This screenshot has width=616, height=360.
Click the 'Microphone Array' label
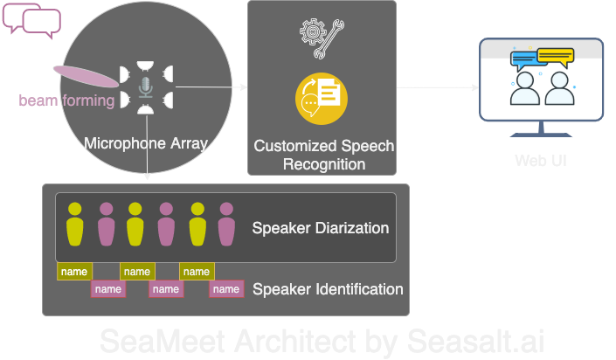[145, 142]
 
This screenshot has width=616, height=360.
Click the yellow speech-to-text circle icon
[322, 99]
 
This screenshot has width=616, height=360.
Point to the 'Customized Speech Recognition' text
[323, 155]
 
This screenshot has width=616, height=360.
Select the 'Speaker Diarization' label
[320, 229]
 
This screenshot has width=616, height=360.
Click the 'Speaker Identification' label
[327, 289]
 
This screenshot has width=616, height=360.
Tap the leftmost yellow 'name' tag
[74, 272]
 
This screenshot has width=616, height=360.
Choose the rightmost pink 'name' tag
[225, 289]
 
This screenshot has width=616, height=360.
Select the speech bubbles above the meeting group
[32, 22]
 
